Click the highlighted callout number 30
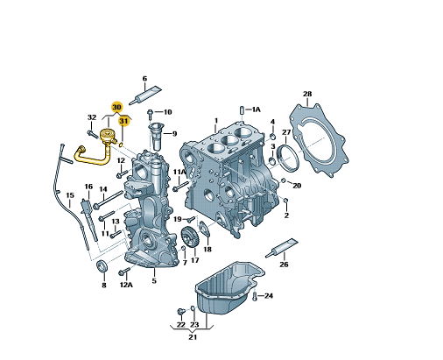116,107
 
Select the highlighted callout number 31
123,121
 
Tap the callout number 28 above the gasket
307,94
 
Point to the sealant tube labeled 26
281,248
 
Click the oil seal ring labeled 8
102,265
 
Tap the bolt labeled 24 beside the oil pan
255,295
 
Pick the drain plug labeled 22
181,311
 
